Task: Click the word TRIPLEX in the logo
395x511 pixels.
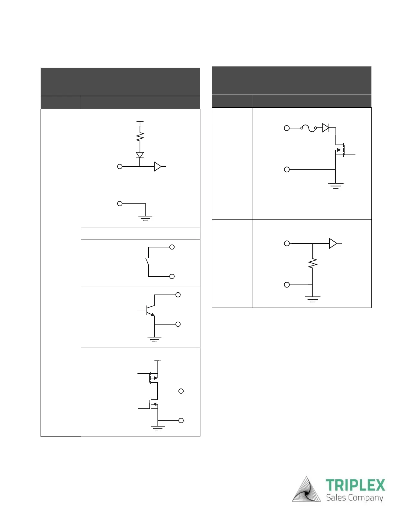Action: [355, 486]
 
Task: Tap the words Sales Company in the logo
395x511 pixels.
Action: [354, 498]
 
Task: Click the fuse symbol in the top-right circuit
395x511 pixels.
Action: [309, 128]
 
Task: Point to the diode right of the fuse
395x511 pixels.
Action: [326, 128]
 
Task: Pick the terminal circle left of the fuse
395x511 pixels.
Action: [287, 128]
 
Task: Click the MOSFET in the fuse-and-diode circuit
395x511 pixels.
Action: [341, 150]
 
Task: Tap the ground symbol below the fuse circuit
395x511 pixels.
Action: [336, 185]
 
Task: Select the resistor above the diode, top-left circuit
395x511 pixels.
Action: [140, 137]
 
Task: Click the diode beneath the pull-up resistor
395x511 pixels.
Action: [140, 155]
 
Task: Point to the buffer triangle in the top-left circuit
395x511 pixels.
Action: [158, 166]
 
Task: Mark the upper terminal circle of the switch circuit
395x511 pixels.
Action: [172, 247]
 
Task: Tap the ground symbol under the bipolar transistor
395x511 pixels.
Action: [155, 339]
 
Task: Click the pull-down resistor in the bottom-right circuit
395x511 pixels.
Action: [313, 264]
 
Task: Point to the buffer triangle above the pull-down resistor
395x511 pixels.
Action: [333, 243]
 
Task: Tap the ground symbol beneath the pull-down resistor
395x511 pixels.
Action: [312, 299]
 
